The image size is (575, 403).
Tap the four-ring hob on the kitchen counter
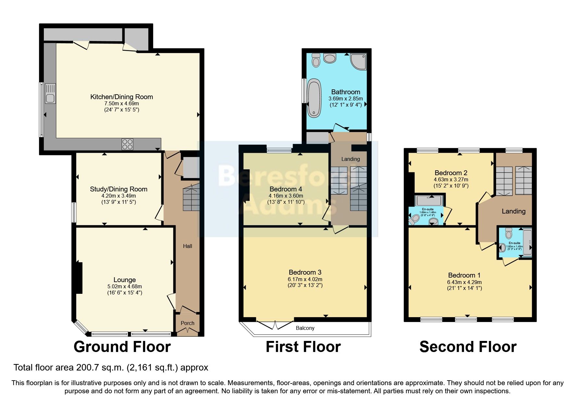[x=127, y=144]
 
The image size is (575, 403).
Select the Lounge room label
[x=124, y=280]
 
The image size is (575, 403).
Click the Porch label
[x=187, y=323]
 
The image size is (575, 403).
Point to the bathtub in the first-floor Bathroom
[x=314, y=97]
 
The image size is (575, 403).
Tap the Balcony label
[x=305, y=328]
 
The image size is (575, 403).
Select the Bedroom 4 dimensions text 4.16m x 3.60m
[x=286, y=196]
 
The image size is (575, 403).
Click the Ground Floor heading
[x=122, y=347]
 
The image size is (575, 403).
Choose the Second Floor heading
[x=468, y=347]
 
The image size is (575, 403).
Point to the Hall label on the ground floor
[x=187, y=246]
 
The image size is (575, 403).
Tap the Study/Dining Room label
[x=119, y=189]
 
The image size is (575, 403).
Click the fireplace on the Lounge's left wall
[x=79, y=277]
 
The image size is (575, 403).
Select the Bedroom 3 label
[x=305, y=272]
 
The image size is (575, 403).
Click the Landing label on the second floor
[x=513, y=211]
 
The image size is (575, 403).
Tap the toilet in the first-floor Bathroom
[x=316, y=60]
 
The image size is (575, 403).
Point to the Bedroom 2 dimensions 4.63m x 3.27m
[x=451, y=179]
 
